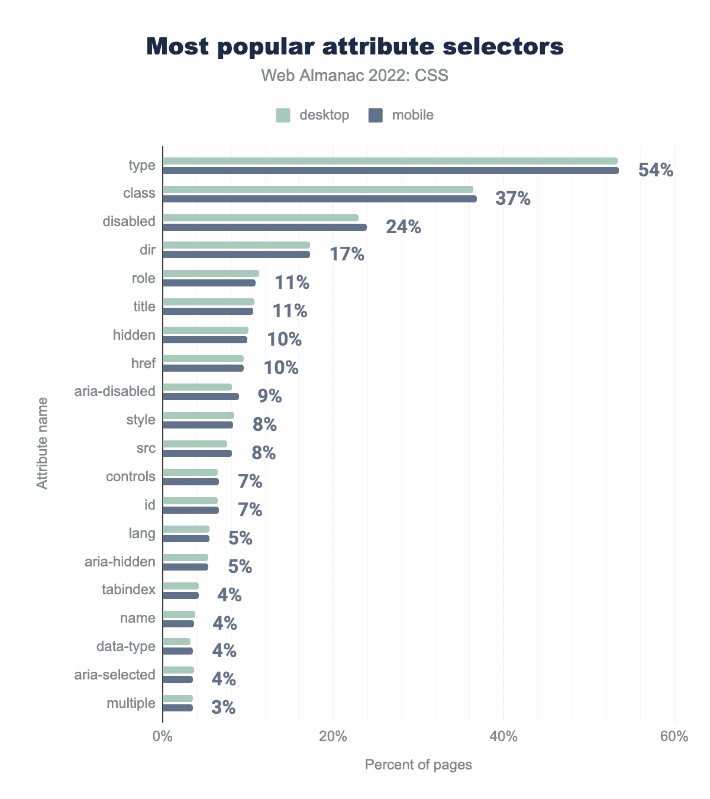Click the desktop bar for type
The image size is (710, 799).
tap(390, 161)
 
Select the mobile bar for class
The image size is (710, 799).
tap(319, 199)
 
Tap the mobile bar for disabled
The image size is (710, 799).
tap(264, 227)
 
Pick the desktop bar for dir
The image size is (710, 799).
tap(236, 245)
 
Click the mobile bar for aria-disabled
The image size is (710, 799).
tap(201, 397)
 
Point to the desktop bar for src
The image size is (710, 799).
tap(195, 444)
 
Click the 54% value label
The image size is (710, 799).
tap(656, 170)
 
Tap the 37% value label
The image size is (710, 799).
tap(513, 198)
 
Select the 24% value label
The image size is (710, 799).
tap(404, 227)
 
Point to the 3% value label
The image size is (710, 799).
tap(224, 707)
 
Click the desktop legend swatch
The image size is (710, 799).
tap(283, 115)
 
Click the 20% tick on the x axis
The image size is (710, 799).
tap(333, 737)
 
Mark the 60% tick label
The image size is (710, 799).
tap(674, 737)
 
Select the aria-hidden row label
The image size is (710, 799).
tap(120, 562)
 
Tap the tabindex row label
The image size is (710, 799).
tap(128, 589)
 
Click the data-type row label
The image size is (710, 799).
tap(126, 646)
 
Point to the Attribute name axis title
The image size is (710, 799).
tap(42, 443)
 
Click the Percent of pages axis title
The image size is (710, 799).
tap(418, 765)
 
